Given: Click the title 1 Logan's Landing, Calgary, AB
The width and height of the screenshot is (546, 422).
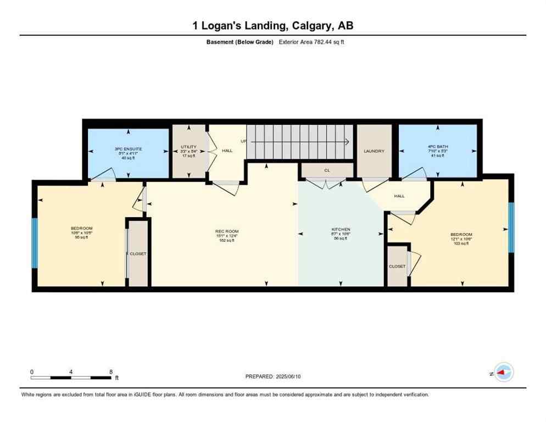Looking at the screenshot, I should pos(272,26).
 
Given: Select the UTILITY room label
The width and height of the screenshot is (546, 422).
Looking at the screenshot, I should pos(188,147).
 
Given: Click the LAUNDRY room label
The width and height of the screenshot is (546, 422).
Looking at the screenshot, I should pos(374,151).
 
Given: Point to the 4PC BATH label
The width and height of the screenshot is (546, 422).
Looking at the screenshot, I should pos(438,147).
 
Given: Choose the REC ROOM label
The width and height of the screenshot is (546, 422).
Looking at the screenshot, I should pos(226,231).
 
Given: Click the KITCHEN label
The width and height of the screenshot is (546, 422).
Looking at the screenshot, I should pos(341,229).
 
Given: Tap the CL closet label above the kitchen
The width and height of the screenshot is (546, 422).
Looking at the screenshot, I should pos(327,170).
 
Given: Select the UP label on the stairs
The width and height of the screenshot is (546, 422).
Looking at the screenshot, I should pos(243,142).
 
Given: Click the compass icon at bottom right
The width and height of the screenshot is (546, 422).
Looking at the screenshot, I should pos(503,373).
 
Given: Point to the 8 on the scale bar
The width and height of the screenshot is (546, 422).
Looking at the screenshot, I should pos(111,371).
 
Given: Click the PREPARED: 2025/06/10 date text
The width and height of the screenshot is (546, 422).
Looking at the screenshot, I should pos(272,376).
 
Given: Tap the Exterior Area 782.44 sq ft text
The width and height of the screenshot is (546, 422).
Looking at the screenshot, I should pos(311,42).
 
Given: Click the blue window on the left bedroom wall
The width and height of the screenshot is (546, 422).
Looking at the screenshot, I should pos(34,243).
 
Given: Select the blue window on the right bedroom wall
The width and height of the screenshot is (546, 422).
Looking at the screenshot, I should pos(511,227).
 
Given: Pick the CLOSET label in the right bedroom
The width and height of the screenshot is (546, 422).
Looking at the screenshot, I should pos(397,266).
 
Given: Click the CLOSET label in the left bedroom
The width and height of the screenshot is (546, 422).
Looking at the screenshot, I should pos(138,254).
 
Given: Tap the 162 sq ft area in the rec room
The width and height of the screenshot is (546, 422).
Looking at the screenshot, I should pos(226,240).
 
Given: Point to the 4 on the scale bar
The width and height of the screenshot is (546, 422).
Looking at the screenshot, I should pos(71,371).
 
